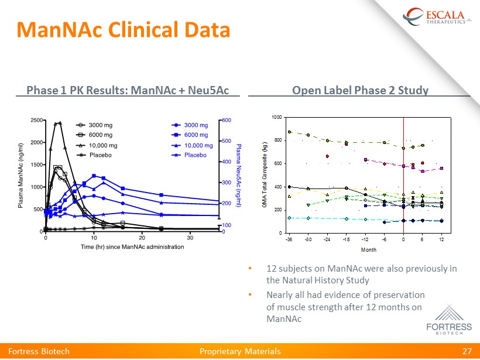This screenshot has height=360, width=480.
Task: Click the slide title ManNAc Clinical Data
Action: click(x=122, y=29)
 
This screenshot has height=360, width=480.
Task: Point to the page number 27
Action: click(x=467, y=351)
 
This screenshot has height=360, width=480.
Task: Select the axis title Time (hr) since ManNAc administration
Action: click(x=132, y=247)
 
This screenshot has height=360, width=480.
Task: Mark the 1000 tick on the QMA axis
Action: click(x=275, y=118)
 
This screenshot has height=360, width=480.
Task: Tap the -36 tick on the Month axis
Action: click(x=289, y=239)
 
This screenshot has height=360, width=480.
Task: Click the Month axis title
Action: click(x=368, y=249)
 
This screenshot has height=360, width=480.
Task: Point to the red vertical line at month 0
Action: click(x=403, y=176)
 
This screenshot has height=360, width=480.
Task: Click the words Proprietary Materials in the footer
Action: click(x=240, y=351)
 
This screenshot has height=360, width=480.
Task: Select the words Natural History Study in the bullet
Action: click(x=318, y=280)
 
